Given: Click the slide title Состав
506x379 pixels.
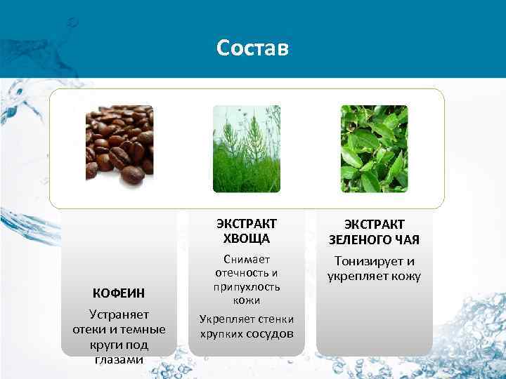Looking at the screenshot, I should [252, 48].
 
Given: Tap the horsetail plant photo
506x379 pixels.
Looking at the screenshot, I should [246, 149].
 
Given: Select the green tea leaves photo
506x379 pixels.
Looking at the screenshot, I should [374, 149].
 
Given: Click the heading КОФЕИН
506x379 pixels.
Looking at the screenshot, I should [119, 293].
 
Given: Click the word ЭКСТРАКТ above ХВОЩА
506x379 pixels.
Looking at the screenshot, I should [246, 223].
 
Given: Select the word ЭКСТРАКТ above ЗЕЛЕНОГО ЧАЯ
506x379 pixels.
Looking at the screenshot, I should [374, 225].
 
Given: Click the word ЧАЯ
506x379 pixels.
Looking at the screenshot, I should [407, 240].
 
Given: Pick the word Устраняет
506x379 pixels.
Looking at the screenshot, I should [119, 314].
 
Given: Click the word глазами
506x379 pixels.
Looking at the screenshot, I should [119, 359].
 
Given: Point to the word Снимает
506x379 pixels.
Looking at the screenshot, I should [246, 260].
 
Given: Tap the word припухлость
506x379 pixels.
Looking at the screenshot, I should [246, 286].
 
